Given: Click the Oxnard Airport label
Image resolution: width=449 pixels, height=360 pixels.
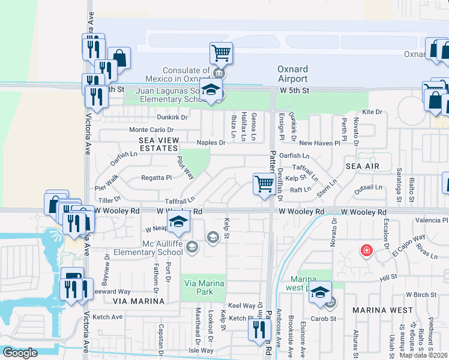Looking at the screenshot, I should point(292,74).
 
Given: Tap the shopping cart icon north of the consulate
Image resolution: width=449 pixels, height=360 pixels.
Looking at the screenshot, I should point(221,53).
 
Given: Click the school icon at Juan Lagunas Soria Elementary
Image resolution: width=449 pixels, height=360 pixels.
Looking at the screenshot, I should point(211,90).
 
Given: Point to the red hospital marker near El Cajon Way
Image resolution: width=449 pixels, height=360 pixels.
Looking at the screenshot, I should point(366,250).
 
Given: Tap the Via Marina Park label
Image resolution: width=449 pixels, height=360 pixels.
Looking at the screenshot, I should point(204,289).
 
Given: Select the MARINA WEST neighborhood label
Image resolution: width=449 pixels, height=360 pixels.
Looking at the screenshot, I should point(382,310).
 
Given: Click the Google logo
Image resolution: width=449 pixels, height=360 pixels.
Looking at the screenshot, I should point(20,353).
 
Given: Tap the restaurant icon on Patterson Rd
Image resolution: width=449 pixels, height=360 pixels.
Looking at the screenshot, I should point(259,329).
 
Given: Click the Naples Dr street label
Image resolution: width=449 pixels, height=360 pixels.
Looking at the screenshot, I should point(211,143).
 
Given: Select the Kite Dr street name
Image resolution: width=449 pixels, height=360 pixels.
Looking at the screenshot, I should point(372,112).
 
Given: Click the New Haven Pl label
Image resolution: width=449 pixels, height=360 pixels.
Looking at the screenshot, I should point(319,143).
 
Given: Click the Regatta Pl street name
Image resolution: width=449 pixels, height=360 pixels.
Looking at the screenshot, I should point(156,178).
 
